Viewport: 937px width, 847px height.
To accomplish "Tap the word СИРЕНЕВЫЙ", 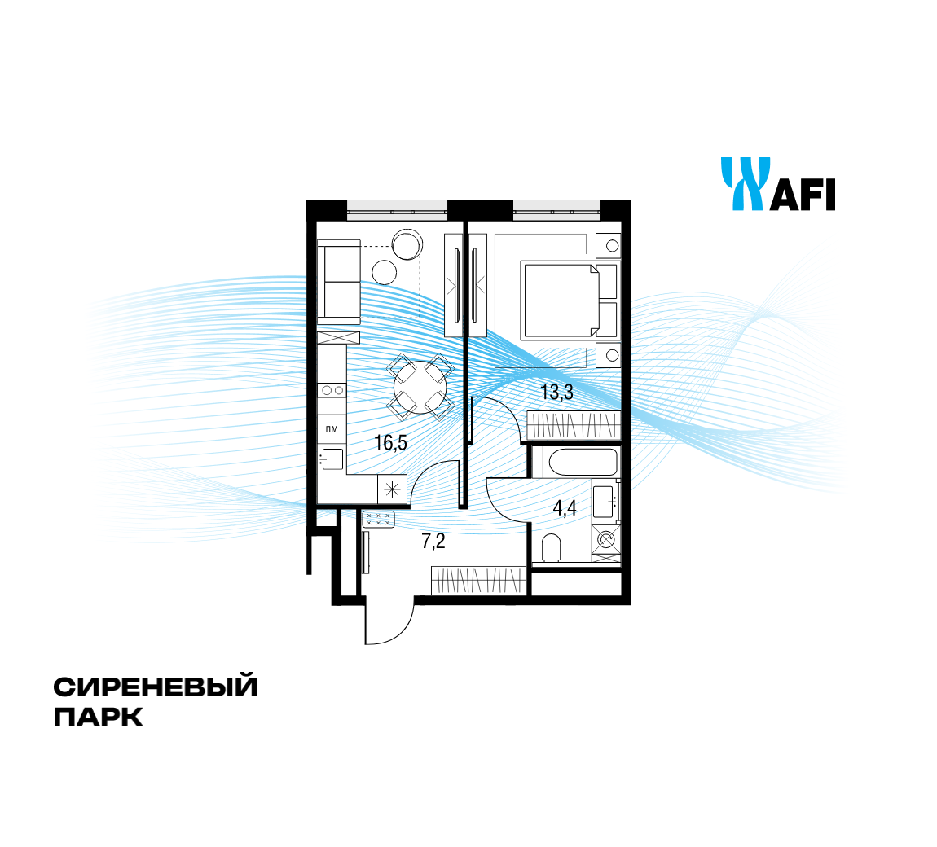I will pos(156,687).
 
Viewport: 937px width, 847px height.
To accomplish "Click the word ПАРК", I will pos(99,718).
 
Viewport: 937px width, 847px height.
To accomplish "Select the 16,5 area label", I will pos(390,443).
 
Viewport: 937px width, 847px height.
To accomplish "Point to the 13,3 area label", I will pos(557,393).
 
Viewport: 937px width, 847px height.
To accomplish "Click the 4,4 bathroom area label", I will pos(565,510).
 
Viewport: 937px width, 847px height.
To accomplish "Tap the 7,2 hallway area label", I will pos(433,540).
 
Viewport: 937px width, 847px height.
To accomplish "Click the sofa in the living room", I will pos(338,282).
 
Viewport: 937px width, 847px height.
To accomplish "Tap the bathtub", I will pos(583,463).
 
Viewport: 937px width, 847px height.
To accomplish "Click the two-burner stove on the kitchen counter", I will pos(332,391).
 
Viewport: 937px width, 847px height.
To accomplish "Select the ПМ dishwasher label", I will pos(332,428).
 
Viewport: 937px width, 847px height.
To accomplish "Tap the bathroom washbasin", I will pos(605,500).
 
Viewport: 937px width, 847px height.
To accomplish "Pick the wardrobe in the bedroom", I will pos(573,426).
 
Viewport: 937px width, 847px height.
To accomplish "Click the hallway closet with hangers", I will pos(478,581).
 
